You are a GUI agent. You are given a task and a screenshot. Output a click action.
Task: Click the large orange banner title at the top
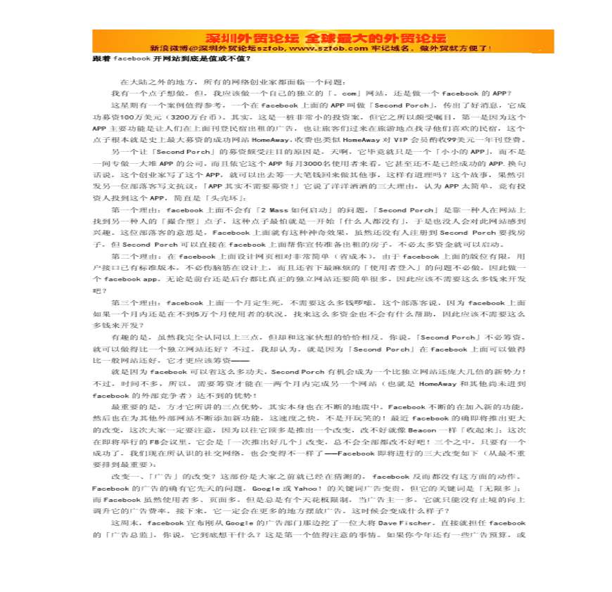pos(306,37)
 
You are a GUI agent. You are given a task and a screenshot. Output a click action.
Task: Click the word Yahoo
pos(296,488)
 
